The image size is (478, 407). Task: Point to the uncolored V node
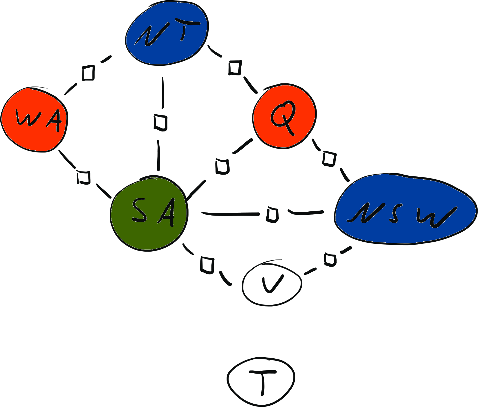272,283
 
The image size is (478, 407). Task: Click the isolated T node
261,381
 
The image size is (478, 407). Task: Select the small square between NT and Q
235,68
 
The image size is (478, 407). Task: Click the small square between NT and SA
160,123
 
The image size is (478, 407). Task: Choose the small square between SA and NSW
272,215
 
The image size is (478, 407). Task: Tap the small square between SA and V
207,265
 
